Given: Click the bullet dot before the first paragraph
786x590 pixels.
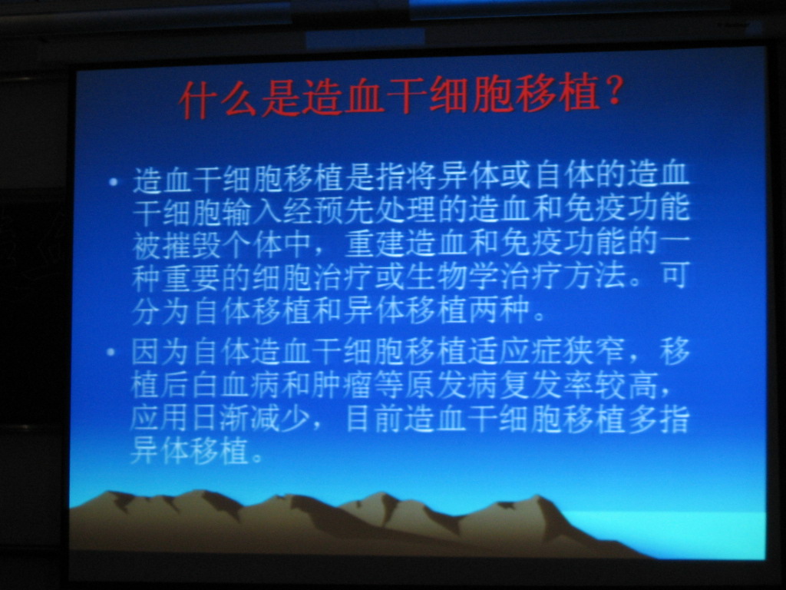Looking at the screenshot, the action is tap(114, 181).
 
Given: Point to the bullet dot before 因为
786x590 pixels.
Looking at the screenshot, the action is tap(111, 352).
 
